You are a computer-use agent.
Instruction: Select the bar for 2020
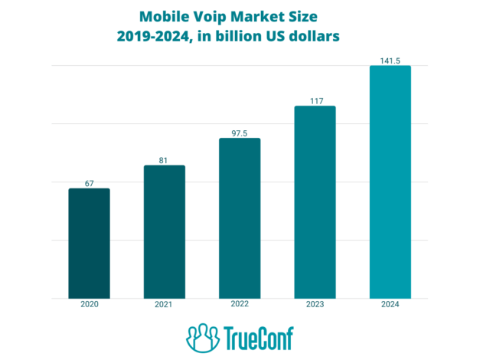[x=89, y=244]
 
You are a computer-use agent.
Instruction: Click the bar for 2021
[x=164, y=232]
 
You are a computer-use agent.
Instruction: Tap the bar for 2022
[x=240, y=218]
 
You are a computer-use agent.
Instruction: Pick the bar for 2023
[x=315, y=202]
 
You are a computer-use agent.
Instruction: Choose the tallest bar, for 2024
[x=390, y=182]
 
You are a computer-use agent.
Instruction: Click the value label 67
[x=89, y=183]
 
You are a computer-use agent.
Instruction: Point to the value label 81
[x=164, y=160]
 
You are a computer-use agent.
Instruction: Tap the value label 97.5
[x=240, y=133]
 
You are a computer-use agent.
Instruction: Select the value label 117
[x=315, y=100]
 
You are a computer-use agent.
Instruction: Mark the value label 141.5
[x=390, y=61]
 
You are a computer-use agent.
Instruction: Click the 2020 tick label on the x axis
[x=89, y=305]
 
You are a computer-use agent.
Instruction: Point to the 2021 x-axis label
[x=164, y=305]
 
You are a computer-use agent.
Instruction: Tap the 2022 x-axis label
[x=240, y=305]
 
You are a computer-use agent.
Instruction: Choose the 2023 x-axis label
[x=315, y=305]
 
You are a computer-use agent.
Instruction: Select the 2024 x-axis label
[x=390, y=305]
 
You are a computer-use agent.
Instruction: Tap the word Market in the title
[x=265, y=15]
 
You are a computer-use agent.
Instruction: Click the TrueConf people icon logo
[x=202, y=337]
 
